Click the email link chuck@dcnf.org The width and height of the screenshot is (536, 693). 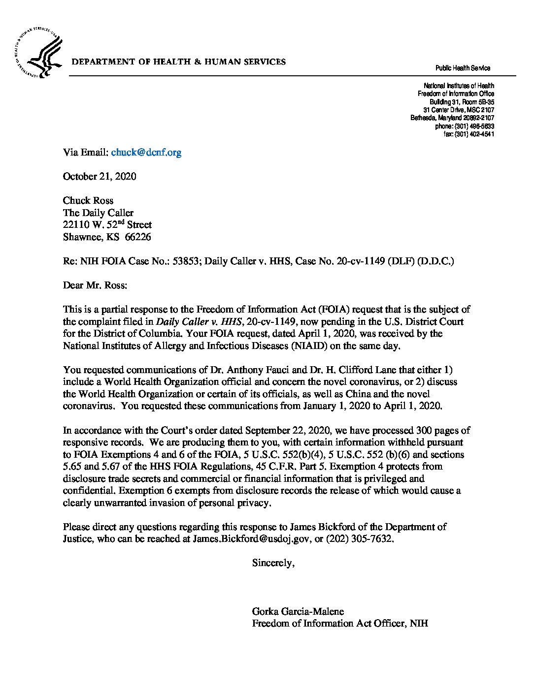click(x=146, y=153)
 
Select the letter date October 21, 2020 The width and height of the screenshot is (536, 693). click(x=100, y=177)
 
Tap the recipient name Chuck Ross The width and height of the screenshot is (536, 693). click(x=88, y=201)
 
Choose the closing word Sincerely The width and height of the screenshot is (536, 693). click(x=273, y=563)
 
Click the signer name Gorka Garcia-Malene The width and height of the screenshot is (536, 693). click(x=298, y=612)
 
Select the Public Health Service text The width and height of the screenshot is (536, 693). click(x=463, y=68)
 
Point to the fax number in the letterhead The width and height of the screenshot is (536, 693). click(x=469, y=134)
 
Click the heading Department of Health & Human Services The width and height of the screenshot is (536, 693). click(x=179, y=62)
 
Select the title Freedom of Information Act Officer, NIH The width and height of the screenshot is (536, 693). click(x=340, y=624)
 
